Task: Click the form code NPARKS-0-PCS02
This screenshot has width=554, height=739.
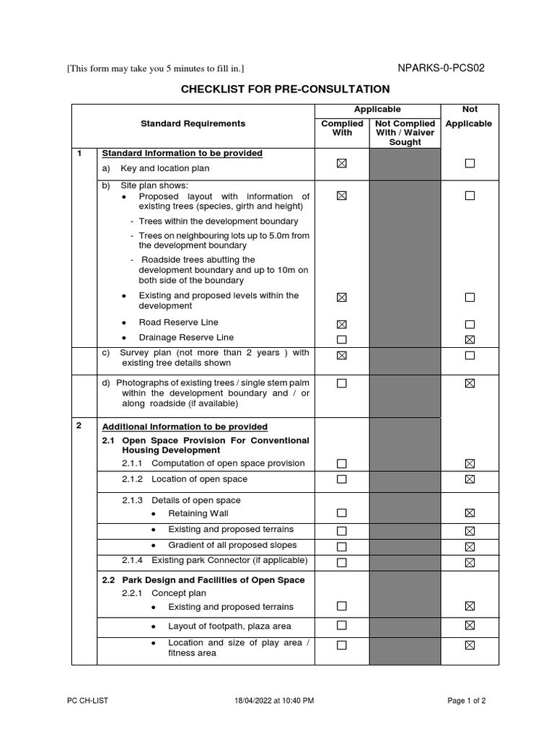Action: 441,69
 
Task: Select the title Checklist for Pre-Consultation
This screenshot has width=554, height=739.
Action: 284,89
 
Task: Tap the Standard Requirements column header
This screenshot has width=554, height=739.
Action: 193,124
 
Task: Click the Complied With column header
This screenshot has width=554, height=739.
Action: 342,128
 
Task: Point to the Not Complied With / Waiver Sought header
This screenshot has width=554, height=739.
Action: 405,133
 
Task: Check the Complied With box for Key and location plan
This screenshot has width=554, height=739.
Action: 342,164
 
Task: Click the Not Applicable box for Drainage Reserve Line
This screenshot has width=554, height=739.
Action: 470,339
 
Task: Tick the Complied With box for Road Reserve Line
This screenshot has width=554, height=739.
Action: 342,324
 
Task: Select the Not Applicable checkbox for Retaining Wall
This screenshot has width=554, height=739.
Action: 470,513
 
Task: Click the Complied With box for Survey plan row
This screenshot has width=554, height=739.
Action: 342,355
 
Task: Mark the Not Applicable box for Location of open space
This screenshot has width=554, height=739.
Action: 470,479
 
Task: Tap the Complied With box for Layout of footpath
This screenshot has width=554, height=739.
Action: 342,625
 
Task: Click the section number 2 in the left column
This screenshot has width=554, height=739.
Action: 79,426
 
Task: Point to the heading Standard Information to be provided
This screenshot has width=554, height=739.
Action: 182,154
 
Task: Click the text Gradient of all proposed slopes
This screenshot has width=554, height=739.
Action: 232,546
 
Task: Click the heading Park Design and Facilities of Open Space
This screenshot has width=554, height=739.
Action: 203,580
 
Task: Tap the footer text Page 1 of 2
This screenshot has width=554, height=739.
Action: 467,701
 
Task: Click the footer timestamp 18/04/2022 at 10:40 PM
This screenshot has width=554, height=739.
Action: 274,701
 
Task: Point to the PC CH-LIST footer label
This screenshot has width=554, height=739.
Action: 88,701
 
